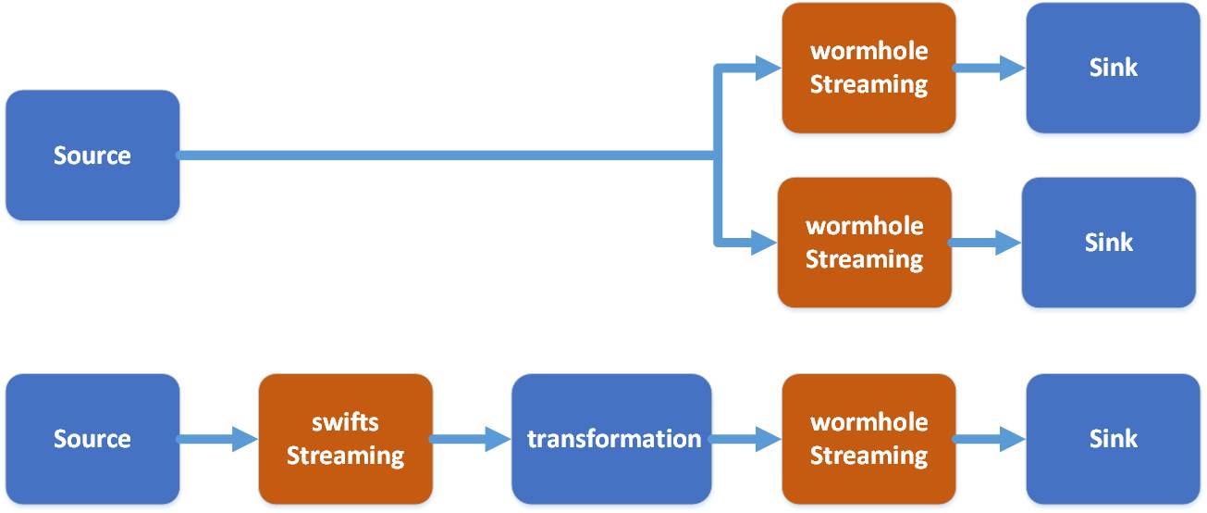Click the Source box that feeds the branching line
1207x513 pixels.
(92, 156)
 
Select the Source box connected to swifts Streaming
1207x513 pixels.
(92, 439)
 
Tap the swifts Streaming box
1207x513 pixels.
(345, 439)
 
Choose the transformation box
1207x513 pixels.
(612, 439)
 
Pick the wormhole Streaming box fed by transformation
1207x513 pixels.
(868, 439)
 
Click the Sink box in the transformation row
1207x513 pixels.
(1113, 439)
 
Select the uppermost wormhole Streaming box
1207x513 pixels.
(868, 68)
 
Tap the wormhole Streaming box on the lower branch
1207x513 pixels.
(864, 243)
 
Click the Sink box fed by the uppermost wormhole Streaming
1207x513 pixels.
(1113, 68)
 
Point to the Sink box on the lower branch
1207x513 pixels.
(1108, 243)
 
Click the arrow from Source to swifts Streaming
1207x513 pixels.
(218, 439)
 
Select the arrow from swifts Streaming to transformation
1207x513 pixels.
(471, 439)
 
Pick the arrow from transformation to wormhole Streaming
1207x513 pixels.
(745, 439)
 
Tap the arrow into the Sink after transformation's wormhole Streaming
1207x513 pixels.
(991, 439)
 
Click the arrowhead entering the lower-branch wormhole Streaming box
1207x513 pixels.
(763, 243)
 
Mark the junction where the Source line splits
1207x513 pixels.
(716, 156)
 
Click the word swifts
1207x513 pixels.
(345, 422)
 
